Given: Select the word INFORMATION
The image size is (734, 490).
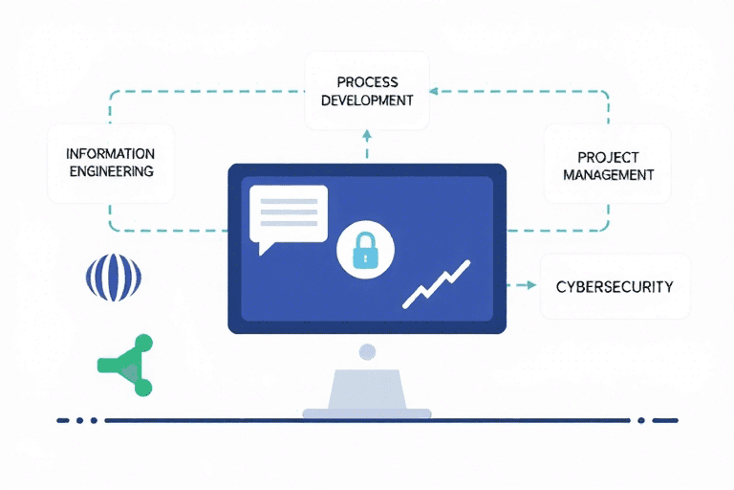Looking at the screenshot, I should click(111, 154).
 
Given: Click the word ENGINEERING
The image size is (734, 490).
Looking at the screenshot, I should click(111, 172).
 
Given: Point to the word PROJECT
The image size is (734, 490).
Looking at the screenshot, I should click(609, 157).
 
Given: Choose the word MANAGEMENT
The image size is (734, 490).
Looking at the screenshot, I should click(609, 175).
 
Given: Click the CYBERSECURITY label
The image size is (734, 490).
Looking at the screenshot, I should click(615, 286).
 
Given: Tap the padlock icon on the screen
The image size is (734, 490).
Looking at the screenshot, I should click(366, 252).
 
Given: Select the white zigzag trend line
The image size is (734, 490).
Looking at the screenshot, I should click(437, 284).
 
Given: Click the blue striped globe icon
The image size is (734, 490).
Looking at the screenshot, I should click(113, 278).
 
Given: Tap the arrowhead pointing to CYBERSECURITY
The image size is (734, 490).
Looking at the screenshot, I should click(530, 285).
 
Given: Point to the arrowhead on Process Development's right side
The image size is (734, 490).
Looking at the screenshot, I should click(433, 92).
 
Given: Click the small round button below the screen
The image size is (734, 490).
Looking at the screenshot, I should click(367, 352).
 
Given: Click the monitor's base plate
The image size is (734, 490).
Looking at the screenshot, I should click(367, 413).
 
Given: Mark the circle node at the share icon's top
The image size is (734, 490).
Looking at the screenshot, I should click(142, 343).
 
